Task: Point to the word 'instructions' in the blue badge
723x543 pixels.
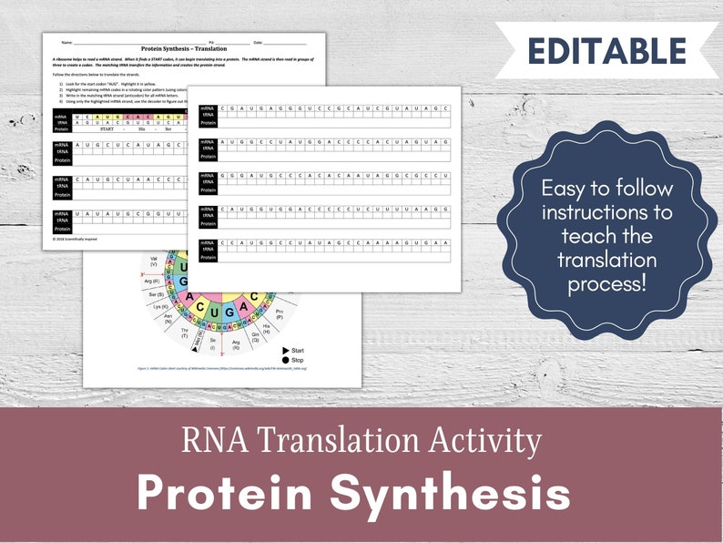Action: click(607, 212)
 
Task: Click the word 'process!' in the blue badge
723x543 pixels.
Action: click(607, 283)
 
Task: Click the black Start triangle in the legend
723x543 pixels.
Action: click(286, 350)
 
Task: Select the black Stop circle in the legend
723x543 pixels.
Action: click(286, 361)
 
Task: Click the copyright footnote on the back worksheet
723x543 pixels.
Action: click(76, 239)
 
